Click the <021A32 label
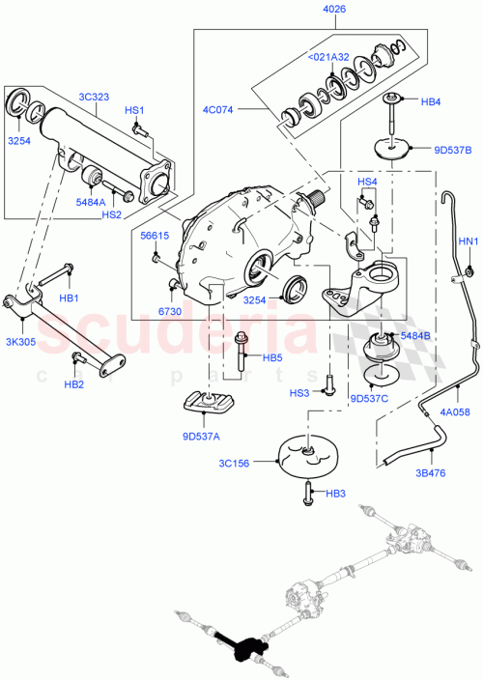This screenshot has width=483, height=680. (x=327, y=57)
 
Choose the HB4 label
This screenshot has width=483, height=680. (x=431, y=100)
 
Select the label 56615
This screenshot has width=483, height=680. (x=154, y=235)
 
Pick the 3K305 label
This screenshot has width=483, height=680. (x=20, y=340)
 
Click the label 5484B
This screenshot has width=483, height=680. (x=416, y=335)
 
